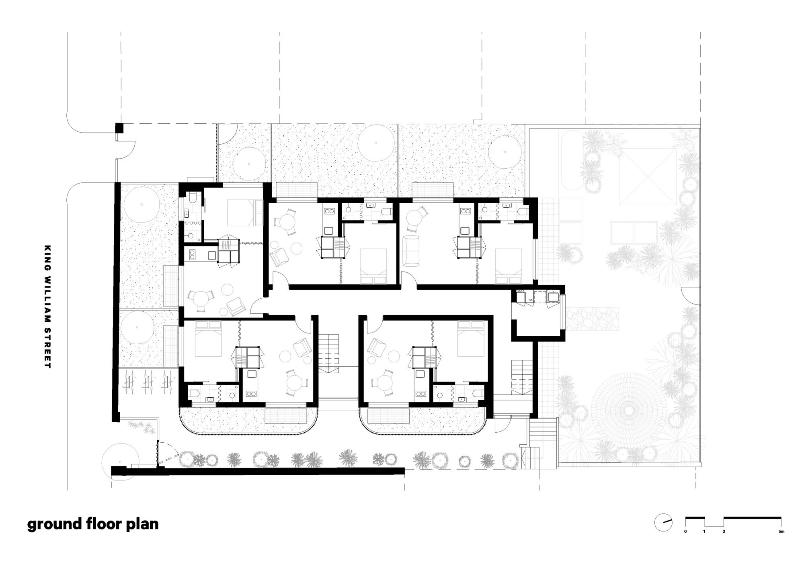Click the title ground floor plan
click(93, 524)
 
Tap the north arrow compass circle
click(663, 533)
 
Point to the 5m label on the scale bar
click(781, 543)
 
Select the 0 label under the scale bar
click(685, 543)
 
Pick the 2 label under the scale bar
click(724, 543)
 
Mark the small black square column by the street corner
click(119, 128)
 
